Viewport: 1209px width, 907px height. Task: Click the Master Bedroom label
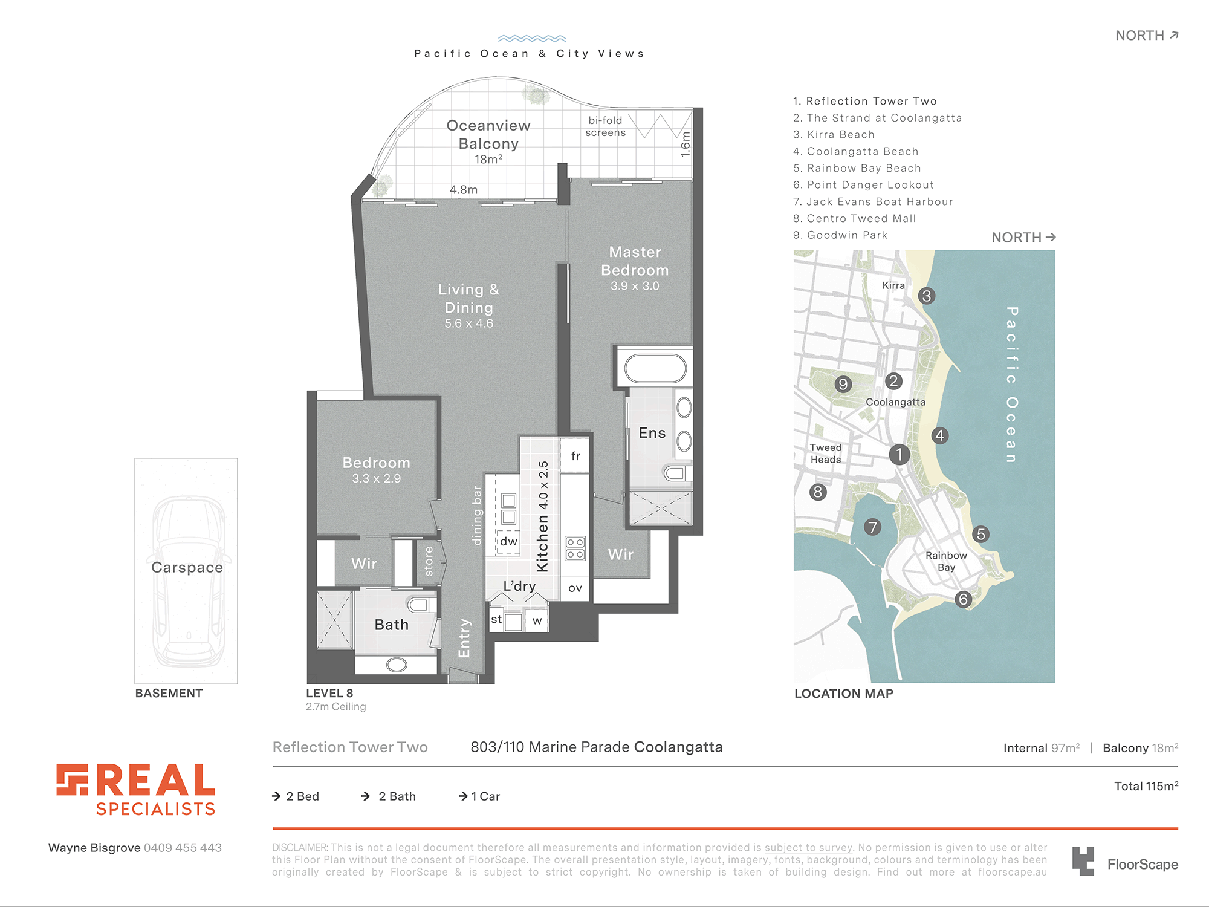pyautogui.click(x=635, y=261)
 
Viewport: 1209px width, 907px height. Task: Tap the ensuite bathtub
pyautogui.click(x=655, y=368)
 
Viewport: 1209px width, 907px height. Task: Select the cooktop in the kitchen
pyautogui.click(x=575, y=548)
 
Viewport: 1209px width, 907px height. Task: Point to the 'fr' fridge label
pyautogui.click(x=575, y=456)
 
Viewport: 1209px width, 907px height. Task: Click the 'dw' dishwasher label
pyautogui.click(x=509, y=541)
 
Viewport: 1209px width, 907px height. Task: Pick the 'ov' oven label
pyautogui.click(x=575, y=588)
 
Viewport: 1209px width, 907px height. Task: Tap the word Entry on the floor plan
pyautogui.click(x=464, y=638)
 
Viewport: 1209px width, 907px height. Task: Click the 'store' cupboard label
pyautogui.click(x=429, y=561)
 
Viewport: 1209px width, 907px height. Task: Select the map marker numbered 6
pyautogui.click(x=963, y=599)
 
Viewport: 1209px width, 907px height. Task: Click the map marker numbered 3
pyautogui.click(x=926, y=296)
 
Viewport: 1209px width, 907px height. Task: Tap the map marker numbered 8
pyautogui.click(x=818, y=492)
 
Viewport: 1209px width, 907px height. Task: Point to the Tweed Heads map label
pyautogui.click(x=826, y=453)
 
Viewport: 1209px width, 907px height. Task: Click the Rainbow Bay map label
pyautogui.click(x=946, y=561)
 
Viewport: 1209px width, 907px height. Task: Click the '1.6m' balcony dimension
pyautogui.click(x=685, y=145)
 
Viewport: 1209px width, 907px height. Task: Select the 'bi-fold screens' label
pyautogui.click(x=606, y=126)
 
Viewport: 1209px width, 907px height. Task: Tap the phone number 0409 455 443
pyautogui.click(x=183, y=848)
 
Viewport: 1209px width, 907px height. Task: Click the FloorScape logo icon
pyautogui.click(x=1083, y=861)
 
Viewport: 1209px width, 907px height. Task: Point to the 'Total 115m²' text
pyautogui.click(x=1146, y=786)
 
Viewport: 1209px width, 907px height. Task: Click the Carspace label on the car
pyautogui.click(x=187, y=567)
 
